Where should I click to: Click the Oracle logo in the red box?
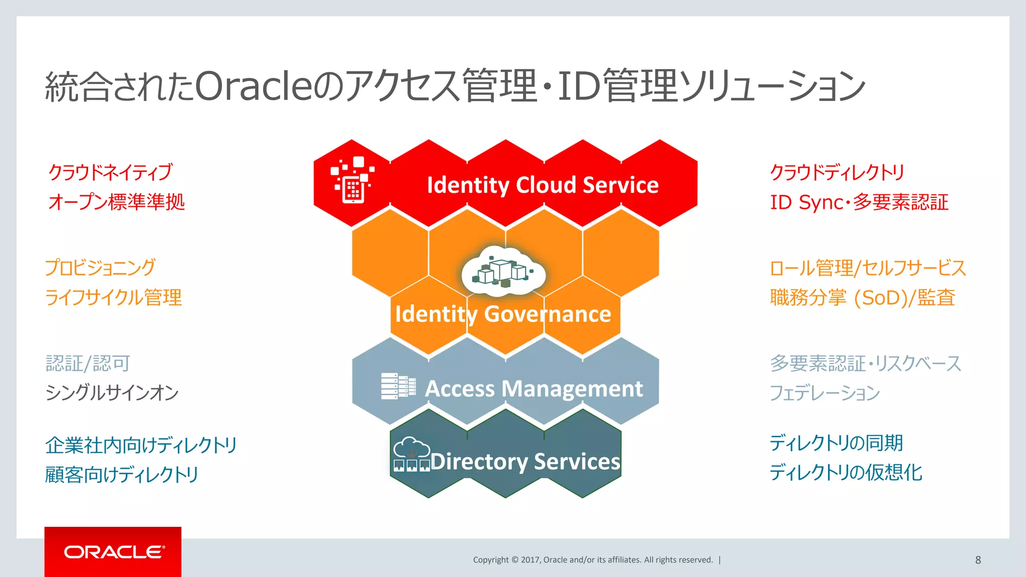114,552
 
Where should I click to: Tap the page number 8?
978,560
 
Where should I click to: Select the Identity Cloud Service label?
543,185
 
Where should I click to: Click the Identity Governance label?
503,314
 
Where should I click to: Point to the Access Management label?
534,389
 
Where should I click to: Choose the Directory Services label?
525,461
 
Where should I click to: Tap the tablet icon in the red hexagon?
353,181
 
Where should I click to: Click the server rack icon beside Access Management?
398,386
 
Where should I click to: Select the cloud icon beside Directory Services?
411,454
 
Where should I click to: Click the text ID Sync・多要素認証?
859,202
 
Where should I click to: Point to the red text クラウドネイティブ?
111,172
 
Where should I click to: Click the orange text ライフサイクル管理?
113,298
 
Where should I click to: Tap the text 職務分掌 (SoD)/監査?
862,298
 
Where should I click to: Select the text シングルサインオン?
112,393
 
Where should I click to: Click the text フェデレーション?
825,393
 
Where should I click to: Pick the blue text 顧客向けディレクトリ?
122,474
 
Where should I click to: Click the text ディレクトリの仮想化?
846,472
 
